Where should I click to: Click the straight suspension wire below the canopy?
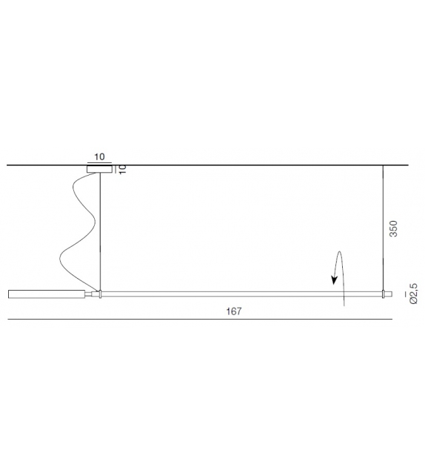coord(100,230)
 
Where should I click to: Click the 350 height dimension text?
coord(393,228)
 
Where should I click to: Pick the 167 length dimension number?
coord(234,312)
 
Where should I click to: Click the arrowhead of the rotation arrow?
coord(335,280)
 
